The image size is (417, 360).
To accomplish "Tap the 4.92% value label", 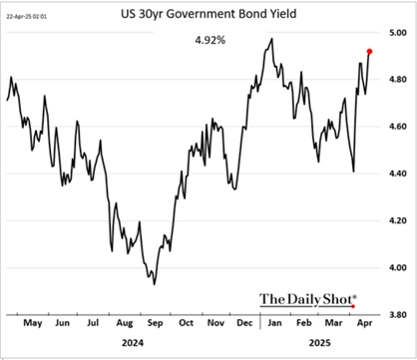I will coord(208,43).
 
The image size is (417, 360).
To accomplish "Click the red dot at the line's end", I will coord(370,51).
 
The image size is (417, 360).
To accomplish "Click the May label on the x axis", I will coord(33,324).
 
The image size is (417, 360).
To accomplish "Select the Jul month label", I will coord(94,324).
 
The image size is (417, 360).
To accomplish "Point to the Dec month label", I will coord(243,324).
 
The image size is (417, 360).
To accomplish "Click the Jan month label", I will coord(272,324).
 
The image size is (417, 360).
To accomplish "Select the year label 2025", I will coord(319,344).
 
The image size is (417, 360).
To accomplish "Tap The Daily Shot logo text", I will coord(308,297).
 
